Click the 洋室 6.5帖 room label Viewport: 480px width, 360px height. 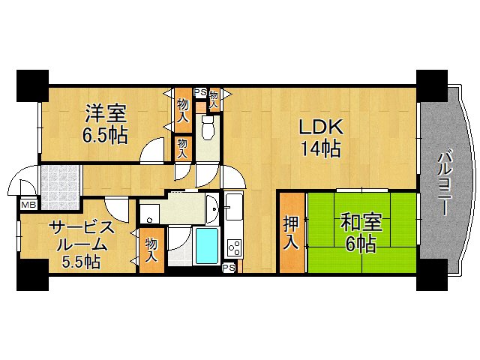(x=106, y=124)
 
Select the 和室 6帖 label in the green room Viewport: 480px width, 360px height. (x=361, y=232)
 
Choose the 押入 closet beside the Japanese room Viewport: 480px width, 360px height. (x=292, y=232)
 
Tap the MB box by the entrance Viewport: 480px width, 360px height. (x=28, y=204)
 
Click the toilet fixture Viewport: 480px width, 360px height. (x=208, y=130)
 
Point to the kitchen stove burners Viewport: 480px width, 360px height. (x=234, y=247)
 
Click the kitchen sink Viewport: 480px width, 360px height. (x=232, y=206)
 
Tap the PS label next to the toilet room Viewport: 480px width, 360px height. (x=199, y=93)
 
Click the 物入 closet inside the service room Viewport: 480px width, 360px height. (x=151, y=250)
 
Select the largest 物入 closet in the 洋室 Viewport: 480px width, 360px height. (x=182, y=103)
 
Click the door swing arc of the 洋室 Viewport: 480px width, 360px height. (x=154, y=149)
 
